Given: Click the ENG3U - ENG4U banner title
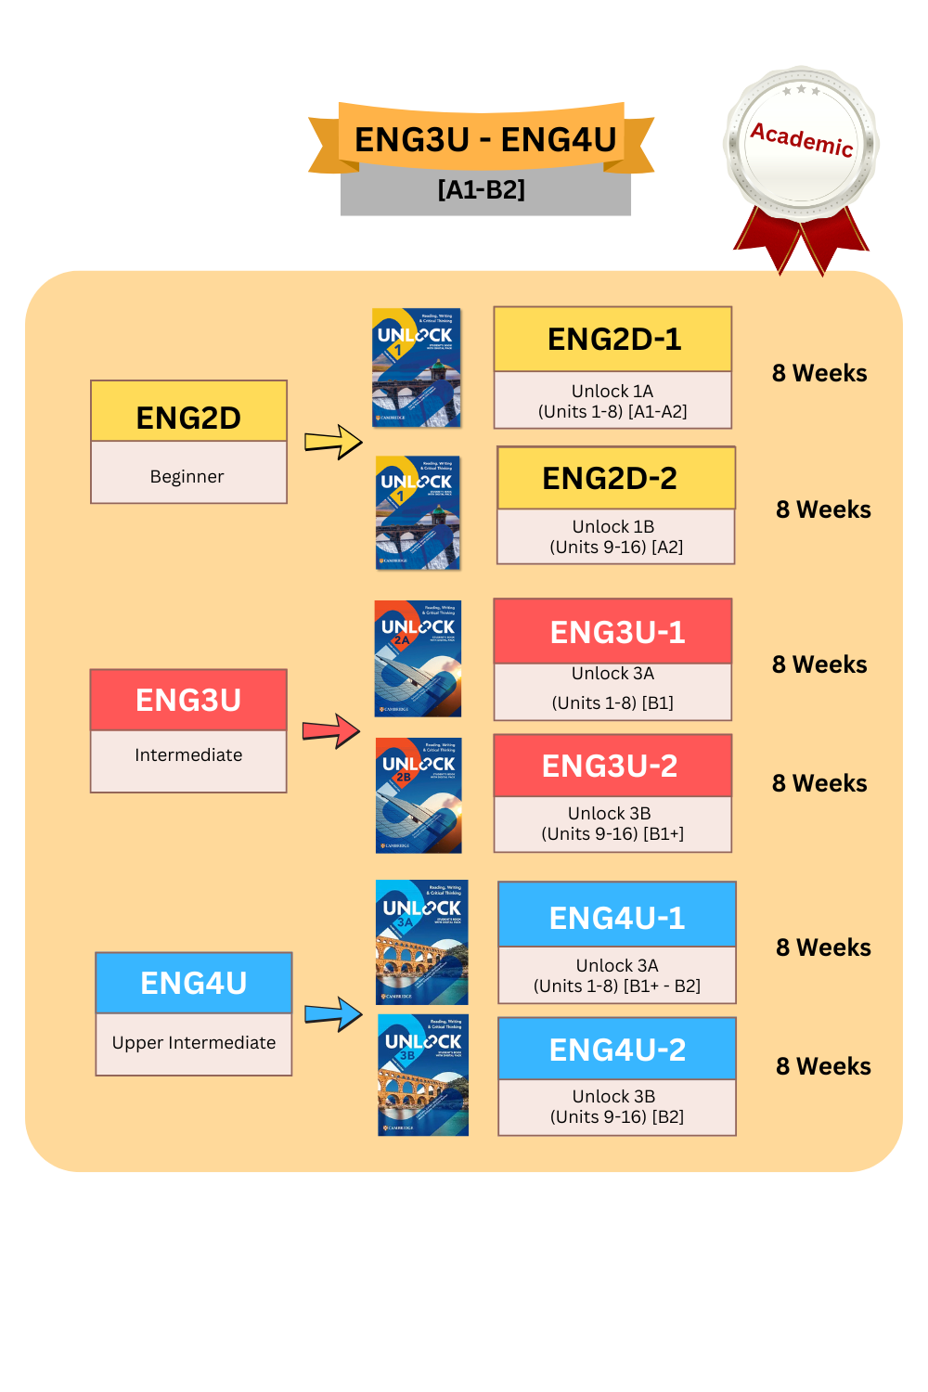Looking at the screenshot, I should pos(484,139).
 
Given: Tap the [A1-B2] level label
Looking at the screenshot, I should pos(482,190).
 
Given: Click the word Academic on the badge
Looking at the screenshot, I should pos(801,139).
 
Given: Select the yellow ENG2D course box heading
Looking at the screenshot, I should pos(188,418).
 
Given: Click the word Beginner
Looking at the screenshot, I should pos(187,476).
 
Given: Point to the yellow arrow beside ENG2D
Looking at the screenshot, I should pos(333,442).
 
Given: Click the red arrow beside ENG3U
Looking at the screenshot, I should pos(331,731).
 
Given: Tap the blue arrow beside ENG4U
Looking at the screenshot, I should pos(333,1014).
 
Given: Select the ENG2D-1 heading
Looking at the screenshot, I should pos(613,340).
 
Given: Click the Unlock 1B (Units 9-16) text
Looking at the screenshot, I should pos(615,536).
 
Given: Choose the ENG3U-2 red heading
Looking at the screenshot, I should pos(610,766).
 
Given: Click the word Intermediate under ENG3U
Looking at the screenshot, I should pos(188,755).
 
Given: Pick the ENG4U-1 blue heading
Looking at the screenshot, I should pos(616,918).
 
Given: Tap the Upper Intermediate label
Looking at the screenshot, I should pos(194,1043).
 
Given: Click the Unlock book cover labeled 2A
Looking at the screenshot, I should pos(418,659).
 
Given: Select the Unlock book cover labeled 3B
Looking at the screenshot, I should pos(423,1076).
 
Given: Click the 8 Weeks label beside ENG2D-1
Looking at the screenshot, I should pos(819,373).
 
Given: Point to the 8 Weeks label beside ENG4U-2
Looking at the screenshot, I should pos(823,1066).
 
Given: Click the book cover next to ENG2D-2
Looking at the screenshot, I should pos(418,512).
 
